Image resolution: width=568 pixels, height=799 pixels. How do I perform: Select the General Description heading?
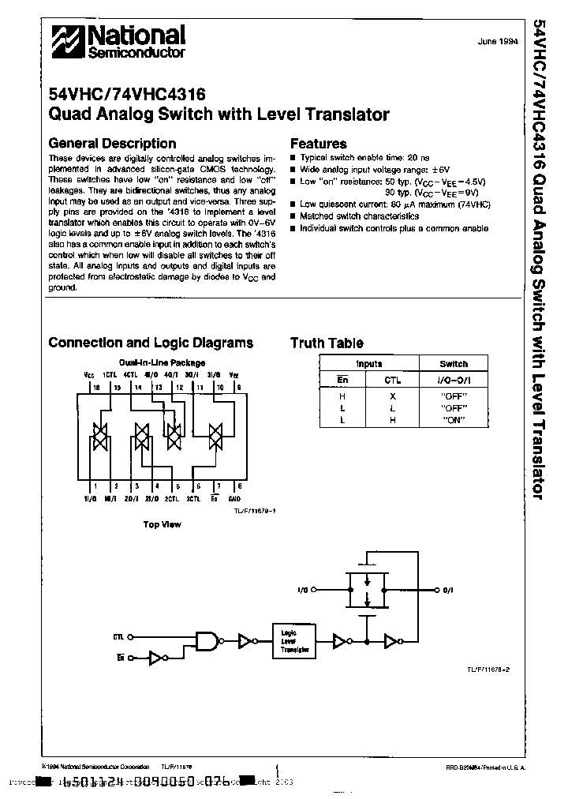point(112,144)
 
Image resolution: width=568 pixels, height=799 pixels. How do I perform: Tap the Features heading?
point(319,144)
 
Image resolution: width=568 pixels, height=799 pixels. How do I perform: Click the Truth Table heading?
point(327,343)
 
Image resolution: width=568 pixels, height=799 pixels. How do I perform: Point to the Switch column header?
point(454,364)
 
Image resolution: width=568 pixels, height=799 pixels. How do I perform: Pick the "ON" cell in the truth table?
point(454,419)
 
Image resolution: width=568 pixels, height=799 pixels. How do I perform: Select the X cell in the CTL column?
point(392,396)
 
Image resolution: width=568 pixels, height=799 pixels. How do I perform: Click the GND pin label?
point(234,499)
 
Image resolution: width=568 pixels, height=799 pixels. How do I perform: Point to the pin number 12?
point(179,388)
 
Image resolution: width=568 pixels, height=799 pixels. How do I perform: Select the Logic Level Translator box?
point(293,640)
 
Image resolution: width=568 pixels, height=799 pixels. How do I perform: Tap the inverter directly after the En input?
point(157,657)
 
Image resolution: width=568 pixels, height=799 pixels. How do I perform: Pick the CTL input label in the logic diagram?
point(119,635)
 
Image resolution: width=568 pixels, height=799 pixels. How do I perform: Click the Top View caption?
point(162,524)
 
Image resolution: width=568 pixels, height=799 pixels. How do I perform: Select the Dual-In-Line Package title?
point(162,363)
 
